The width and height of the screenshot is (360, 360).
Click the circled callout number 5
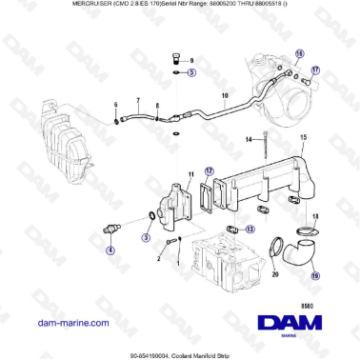[191, 72]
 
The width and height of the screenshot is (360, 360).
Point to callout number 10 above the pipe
[226, 97]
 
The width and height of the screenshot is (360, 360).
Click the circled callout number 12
[210, 171]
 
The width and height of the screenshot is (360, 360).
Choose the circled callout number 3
[146, 235]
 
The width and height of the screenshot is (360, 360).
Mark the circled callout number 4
[110, 251]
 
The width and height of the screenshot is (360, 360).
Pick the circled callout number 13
[249, 229]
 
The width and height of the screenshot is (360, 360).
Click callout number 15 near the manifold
[303, 138]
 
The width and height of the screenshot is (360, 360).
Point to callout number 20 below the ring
[275, 273]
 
